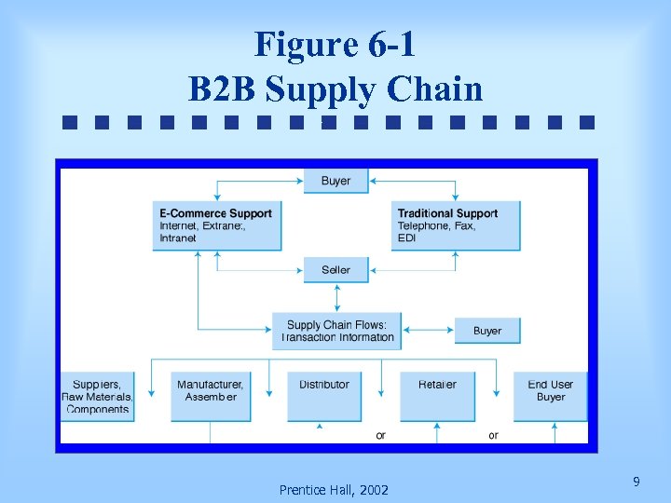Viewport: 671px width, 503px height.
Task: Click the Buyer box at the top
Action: pyautogui.click(x=335, y=181)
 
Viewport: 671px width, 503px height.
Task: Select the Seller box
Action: pyautogui.click(x=335, y=270)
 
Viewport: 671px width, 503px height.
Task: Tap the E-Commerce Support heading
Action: pyautogui.click(x=215, y=213)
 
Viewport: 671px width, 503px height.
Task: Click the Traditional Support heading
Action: pyautogui.click(x=447, y=213)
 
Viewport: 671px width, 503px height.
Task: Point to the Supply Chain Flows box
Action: pyautogui.click(x=336, y=331)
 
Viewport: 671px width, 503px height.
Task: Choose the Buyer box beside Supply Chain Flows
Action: pyautogui.click(x=486, y=331)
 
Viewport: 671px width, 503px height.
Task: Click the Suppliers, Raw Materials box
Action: pyautogui.click(x=97, y=397)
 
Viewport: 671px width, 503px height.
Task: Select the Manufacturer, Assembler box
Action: pyautogui.click(x=210, y=397)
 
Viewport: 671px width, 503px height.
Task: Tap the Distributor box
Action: pyautogui.click(x=323, y=397)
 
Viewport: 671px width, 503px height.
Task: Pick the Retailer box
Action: pyautogui.click(x=437, y=397)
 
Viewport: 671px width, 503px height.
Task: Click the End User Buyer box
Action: pyautogui.click(x=551, y=397)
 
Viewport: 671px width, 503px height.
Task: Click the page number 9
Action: pyautogui.click(x=636, y=482)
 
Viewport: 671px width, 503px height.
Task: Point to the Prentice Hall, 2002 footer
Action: pyautogui.click(x=334, y=490)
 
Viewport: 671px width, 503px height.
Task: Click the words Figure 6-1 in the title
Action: pyautogui.click(x=335, y=44)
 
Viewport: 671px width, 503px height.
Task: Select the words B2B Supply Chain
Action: pyautogui.click(x=335, y=89)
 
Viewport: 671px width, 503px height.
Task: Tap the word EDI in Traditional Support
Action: pyautogui.click(x=406, y=238)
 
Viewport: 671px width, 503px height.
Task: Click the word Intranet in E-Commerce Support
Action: pyautogui.click(x=178, y=238)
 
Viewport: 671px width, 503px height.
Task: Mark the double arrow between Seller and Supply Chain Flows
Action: pyautogui.click(x=336, y=298)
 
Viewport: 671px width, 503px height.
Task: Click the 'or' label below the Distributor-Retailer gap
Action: pyautogui.click(x=380, y=435)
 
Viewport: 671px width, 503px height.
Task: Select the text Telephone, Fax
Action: pyautogui.click(x=436, y=226)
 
